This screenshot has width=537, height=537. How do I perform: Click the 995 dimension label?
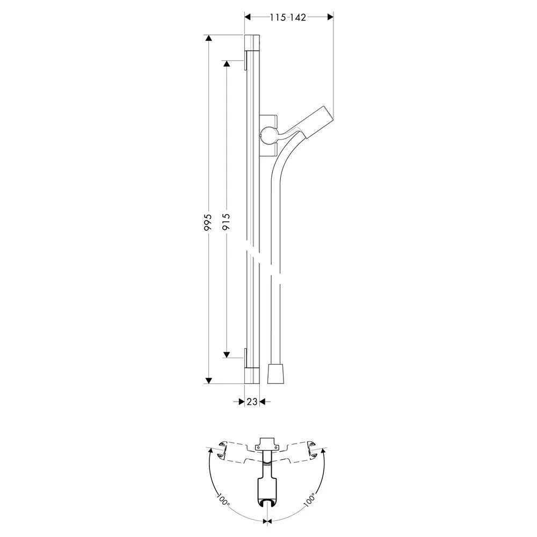pos(208,222)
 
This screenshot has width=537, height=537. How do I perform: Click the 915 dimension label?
pos(226,222)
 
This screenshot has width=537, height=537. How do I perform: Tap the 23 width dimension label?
pos(252,401)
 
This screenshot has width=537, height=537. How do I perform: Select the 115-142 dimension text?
pos(288,17)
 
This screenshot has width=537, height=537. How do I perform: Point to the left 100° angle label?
pos(223,500)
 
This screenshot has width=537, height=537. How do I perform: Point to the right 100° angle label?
pos(309,500)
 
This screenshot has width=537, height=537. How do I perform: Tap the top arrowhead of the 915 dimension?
pos(226,64)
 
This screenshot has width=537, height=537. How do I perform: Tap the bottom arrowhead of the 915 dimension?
pos(226,354)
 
